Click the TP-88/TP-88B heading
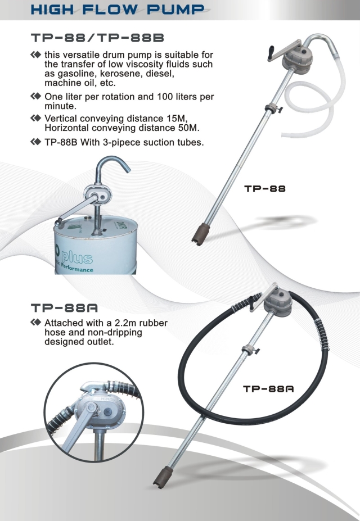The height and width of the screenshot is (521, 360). click(98, 39)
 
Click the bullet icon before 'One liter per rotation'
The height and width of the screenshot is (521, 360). click(38, 97)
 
